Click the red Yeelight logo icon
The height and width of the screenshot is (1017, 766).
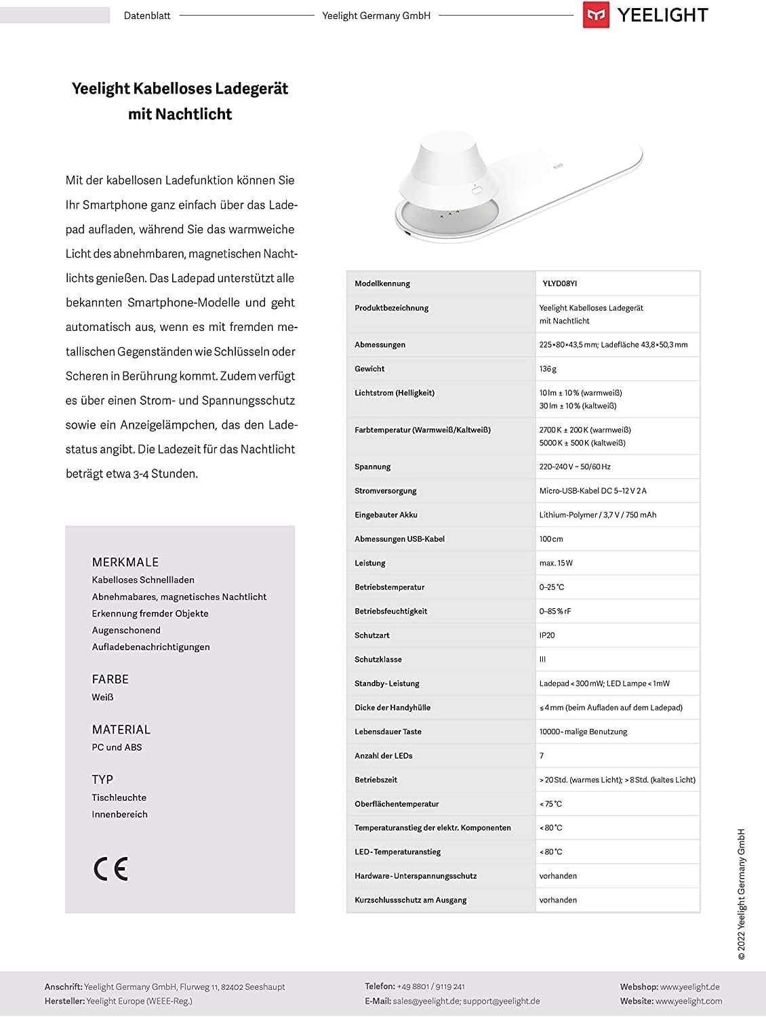click(596, 16)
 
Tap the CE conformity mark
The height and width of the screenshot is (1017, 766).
click(110, 869)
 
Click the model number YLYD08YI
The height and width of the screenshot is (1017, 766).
click(559, 284)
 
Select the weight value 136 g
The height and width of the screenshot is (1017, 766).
click(548, 369)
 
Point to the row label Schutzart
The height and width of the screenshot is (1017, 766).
click(371, 635)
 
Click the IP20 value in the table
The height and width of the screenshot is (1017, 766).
click(547, 635)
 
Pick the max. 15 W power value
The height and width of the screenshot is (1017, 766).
click(556, 563)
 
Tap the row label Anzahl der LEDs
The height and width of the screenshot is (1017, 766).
click(383, 756)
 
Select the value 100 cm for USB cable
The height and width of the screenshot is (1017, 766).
click(551, 539)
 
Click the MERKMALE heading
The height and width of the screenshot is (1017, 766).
click(125, 562)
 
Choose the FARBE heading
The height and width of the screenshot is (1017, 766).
click(110, 679)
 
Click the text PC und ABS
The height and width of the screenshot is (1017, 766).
click(117, 747)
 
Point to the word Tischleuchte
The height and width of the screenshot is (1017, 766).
click(119, 797)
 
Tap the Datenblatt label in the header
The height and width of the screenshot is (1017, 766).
click(147, 16)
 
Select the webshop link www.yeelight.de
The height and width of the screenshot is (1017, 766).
click(689, 986)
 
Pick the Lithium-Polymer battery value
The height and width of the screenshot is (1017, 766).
click(597, 515)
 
